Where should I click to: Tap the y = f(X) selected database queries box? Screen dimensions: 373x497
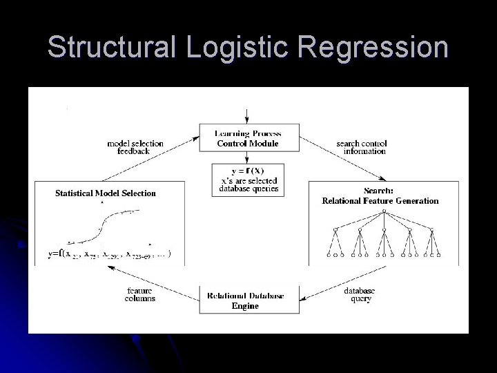tap(247, 179)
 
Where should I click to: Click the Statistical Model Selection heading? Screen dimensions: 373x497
tap(106, 193)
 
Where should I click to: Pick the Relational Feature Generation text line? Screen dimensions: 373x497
tap(380, 201)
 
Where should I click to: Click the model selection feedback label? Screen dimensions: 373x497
tap(135, 147)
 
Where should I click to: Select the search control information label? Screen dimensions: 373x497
tap(361, 147)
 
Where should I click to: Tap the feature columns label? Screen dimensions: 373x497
tap(141, 295)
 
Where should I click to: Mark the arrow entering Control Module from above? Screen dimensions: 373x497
tap(247, 115)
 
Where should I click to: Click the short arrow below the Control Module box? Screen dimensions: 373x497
tap(247, 157)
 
